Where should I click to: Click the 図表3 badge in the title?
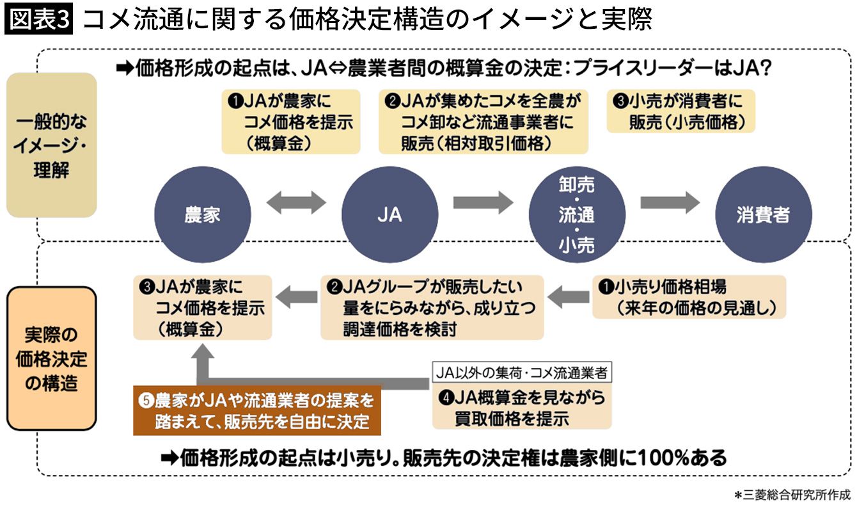40,20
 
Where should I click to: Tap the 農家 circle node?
201,215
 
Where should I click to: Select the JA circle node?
389,215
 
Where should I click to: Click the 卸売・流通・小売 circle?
576,215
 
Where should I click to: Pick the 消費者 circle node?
763,215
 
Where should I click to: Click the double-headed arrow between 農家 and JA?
295,204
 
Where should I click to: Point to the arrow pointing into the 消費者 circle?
670,202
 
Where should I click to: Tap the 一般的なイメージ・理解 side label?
51,146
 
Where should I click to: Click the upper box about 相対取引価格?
483,122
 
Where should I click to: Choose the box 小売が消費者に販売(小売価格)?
680,111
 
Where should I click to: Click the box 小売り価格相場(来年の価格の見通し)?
688,296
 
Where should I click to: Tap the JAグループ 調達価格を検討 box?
432,307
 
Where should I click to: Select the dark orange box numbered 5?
257,410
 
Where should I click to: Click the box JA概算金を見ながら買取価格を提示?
522,408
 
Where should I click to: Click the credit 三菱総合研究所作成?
793,494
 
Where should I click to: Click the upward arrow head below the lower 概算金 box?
205,354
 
